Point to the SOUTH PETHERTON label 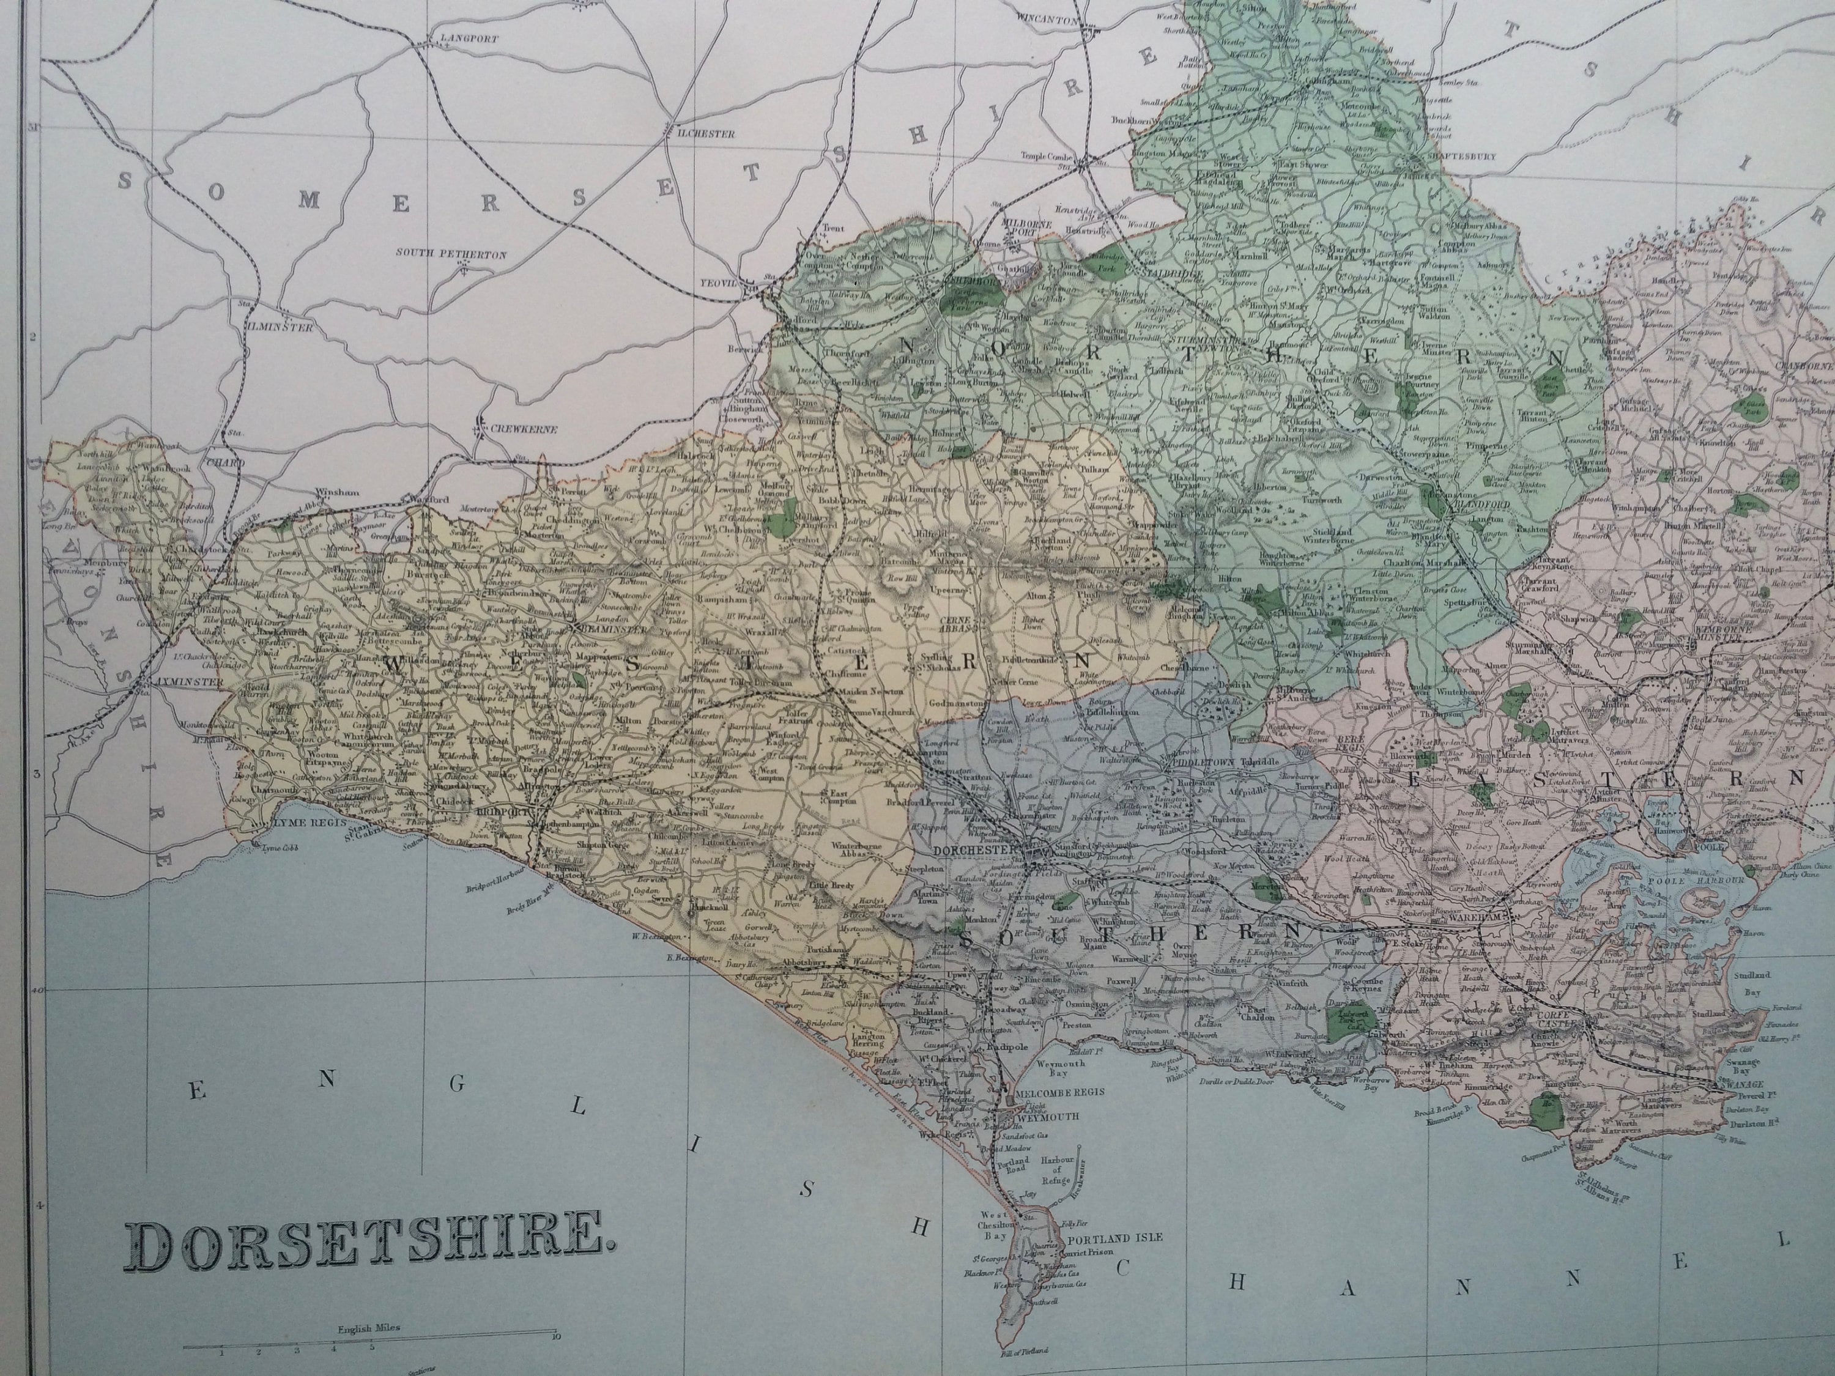point(450,254)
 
